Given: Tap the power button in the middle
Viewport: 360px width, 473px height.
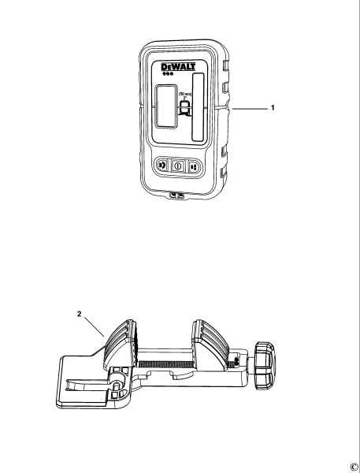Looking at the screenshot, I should coord(178,166).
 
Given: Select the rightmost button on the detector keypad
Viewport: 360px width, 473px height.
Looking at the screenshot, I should coord(194,166).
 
